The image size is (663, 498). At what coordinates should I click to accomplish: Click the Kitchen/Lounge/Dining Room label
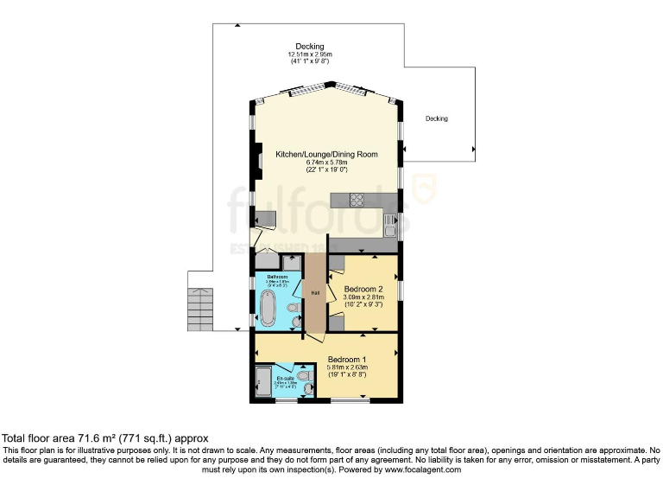pos(326,154)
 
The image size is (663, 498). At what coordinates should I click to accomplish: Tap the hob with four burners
pos(357,200)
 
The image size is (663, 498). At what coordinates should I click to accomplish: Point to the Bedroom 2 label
pos(362,289)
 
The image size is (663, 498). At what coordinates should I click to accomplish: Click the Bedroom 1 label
pos(346,360)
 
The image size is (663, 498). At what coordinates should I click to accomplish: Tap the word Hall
pos(316,292)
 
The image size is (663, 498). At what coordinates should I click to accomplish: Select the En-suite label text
pos(285,378)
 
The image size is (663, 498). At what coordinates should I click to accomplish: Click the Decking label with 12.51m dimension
pos(309,47)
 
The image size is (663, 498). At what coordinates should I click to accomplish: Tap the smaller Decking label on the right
pos(436,118)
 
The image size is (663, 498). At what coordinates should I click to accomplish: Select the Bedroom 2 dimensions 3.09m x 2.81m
pos(362,297)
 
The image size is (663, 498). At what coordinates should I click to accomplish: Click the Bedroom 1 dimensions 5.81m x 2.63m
pos(346,368)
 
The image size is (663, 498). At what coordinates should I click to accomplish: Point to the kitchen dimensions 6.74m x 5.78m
pos(326,163)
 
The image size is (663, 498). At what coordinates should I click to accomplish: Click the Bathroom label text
pos(277,277)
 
